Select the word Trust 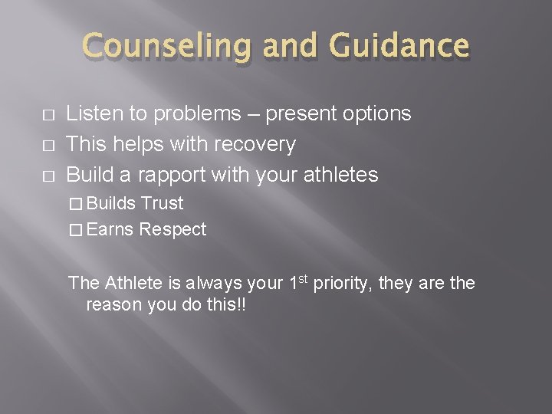[x=162, y=203]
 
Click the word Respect [x=172, y=229]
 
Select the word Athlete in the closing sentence [x=132, y=284]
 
